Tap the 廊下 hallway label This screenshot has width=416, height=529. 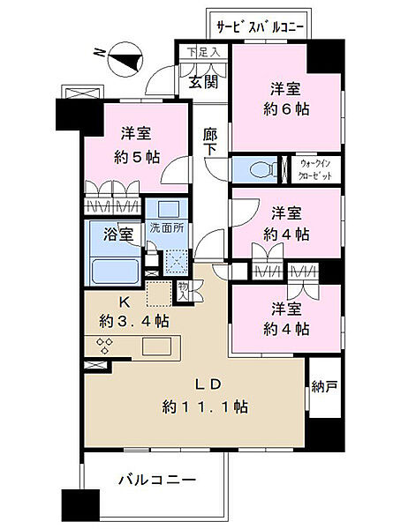210,144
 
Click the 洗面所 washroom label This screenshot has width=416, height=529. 165,226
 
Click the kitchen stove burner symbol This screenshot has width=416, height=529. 104,346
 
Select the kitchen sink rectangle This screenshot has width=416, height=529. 157,345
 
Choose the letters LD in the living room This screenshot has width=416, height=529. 197,386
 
